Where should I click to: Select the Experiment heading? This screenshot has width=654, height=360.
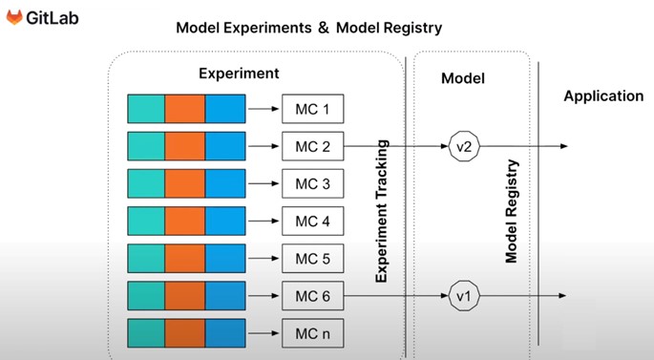[x=239, y=73]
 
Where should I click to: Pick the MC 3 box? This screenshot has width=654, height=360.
[x=312, y=183]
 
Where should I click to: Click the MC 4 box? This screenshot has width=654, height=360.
[x=312, y=222]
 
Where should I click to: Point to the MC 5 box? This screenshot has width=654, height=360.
[x=312, y=259]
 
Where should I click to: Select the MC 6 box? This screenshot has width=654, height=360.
[x=312, y=297]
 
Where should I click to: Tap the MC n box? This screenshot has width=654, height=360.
[x=312, y=334]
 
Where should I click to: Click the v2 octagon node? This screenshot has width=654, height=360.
[x=463, y=147]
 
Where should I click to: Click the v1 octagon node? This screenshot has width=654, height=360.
[x=463, y=297]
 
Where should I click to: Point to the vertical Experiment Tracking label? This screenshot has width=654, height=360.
[x=382, y=210]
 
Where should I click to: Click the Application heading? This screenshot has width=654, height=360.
[x=602, y=96]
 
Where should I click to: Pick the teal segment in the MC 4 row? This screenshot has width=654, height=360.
[x=146, y=222]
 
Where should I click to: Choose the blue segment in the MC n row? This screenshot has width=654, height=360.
[x=224, y=334]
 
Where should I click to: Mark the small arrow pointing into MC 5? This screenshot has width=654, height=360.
[x=264, y=259]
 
